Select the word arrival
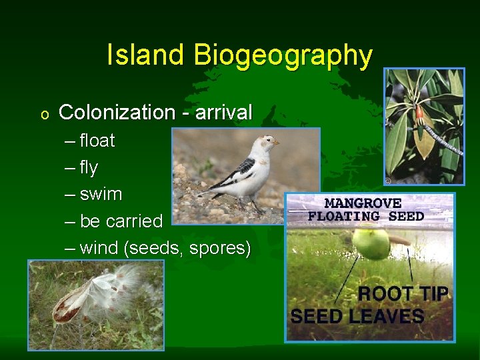(224, 113)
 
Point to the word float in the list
(97, 141)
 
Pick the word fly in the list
(89, 168)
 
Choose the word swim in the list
(101, 194)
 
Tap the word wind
(99, 248)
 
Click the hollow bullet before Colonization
(44, 115)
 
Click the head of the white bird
(268, 143)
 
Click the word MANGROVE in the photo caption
(363, 203)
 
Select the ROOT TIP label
(403, 294)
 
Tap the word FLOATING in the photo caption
(343, 216)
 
